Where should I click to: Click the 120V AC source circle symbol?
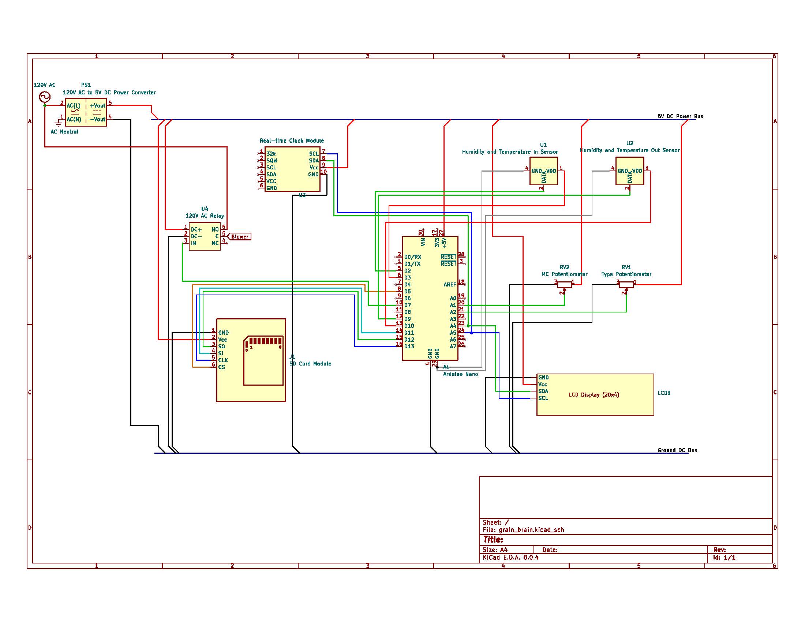click(x=45, y=97)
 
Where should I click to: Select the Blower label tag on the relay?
click(x=240, y=237)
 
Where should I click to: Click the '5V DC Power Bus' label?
click(x=680, y=116)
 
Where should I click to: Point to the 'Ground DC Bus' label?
click(x=677, y=450)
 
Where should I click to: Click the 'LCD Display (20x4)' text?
click(x=594, y=395)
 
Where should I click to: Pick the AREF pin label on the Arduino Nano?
click(x=450, y=284)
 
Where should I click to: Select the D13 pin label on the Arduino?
click(x=409, y=346)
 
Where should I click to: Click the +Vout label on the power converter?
click(x=97, y=105)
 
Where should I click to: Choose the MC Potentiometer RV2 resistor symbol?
click(x=564, y=284)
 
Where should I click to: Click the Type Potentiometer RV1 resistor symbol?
click(x=626, y=284)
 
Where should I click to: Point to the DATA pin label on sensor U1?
click(x=544, y=177)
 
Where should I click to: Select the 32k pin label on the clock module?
click(x=271, y=154)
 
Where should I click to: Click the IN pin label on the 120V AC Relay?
click(x=194, y=243)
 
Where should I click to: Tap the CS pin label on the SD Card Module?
click(x=221, y=367)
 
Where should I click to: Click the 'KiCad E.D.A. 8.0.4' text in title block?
click(x=510, y=558)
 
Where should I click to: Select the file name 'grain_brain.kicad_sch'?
click(x=531, y=530)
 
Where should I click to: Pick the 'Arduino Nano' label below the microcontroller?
click(x=460, y=374)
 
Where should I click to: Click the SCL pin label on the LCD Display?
click(x=543, y=398)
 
